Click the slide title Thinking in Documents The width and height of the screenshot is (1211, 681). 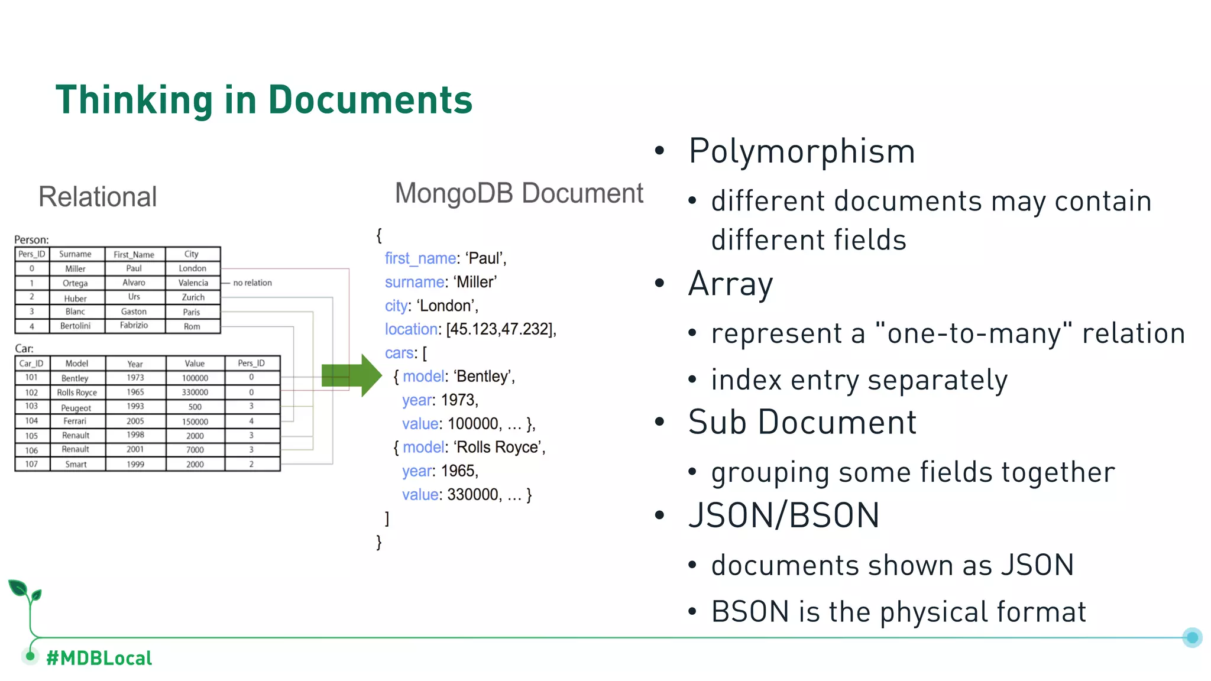click(x=264, y=99)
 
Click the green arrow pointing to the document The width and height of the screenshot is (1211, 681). click(x=351, y=375)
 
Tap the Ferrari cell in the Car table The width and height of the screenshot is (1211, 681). click(x=75, y=421)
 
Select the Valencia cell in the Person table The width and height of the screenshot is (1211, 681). click(x=193, y=283)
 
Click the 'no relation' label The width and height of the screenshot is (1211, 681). click(x=252, y=283)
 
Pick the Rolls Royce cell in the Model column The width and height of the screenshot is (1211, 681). click(x=77, y=393)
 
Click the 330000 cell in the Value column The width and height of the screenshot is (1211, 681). click(x=195, y=393)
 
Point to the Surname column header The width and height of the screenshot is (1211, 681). click(x=75, y=254)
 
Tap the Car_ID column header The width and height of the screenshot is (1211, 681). click(x=31, y=364)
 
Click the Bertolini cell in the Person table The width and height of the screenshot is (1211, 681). click(x=75, y=326)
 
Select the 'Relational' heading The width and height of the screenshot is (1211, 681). click(x=98, y=197)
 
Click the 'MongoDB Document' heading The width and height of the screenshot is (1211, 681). click(x=519, y=193)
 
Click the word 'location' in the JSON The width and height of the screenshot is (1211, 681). click(x=411, y=329)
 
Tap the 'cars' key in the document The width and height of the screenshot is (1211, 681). click(x=400, y=353)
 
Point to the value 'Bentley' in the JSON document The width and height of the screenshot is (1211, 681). click(x=483, y=377)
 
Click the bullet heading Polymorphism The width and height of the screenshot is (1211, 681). click(x=802, y=151)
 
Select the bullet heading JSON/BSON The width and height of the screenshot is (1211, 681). click(x=783, y=515)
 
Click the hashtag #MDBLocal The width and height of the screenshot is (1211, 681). click(x=99, y=658)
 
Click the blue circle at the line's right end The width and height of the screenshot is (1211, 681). click(x=1192, y=637)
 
